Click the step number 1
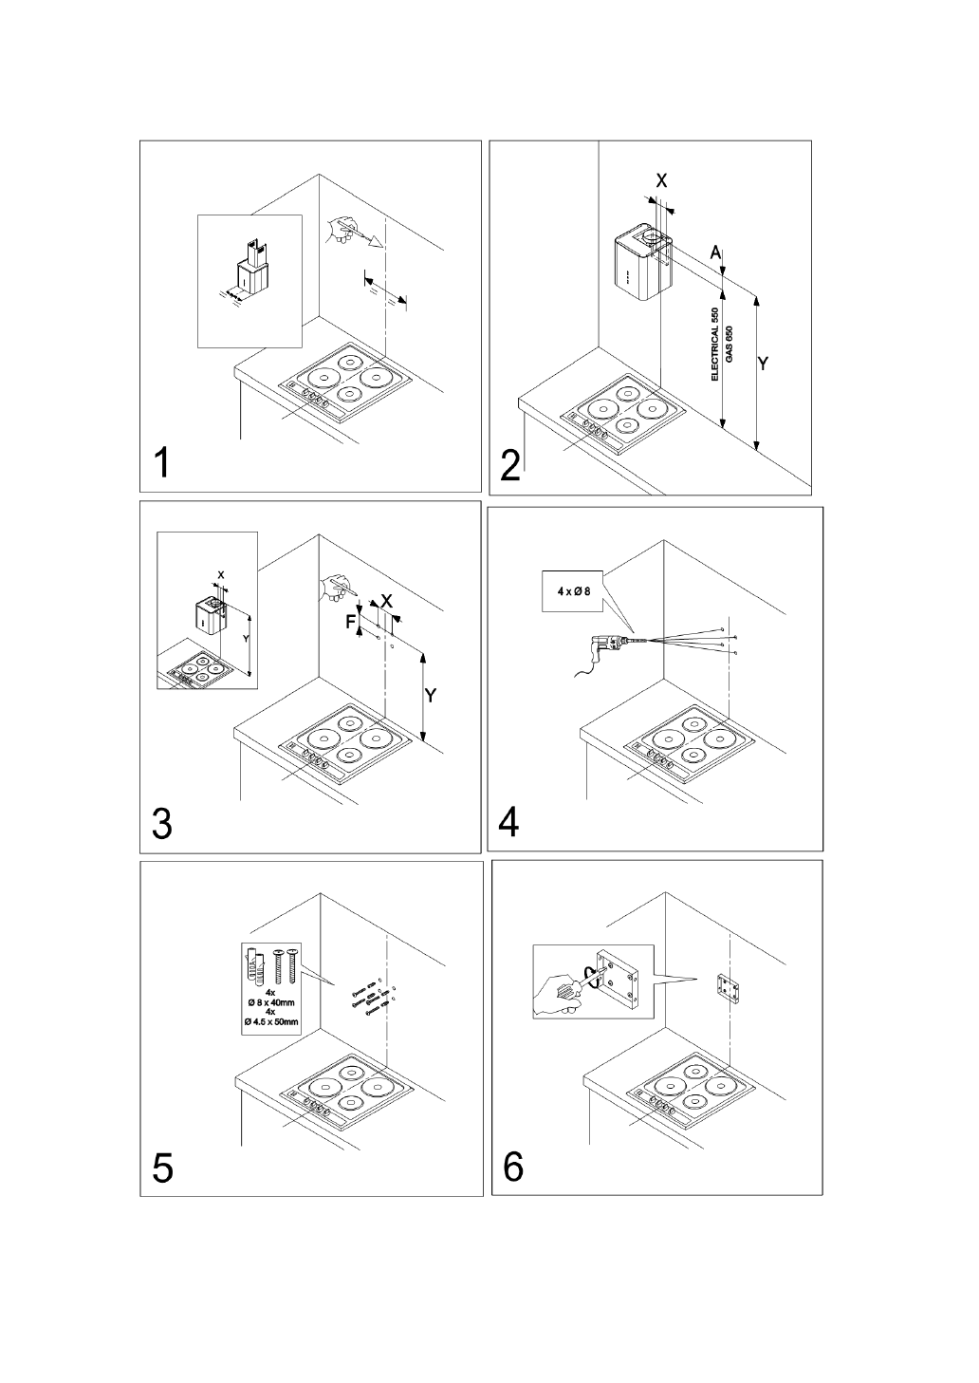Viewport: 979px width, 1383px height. pyautogui.click(x=163, y=463)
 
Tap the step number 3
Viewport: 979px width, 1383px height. pyautogui.click(x=162, y=824)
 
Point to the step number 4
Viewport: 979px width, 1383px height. pyautogui.click(x=509, y=822)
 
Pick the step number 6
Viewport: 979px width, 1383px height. pyautogui.click(x=512, y=1166)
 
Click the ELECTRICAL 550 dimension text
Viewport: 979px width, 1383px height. pyautogui.click(x=715, y=344)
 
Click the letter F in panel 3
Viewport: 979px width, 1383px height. pyautogui.click(x=350, y=623)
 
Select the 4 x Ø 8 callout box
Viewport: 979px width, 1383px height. pyautogui.click(x=574, y=591)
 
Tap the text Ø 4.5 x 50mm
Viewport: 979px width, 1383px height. pyautogui.click(x=271, y=1021)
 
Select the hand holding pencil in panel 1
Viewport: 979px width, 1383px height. pyautogui.click(x=339, y=229)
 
